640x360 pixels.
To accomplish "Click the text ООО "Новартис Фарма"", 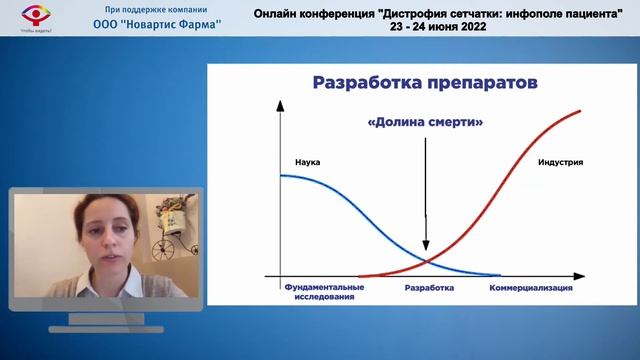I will click(156, 25).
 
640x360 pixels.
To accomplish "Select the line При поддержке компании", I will click(156, 10).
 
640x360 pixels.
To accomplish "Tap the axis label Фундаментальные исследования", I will click(324, 291).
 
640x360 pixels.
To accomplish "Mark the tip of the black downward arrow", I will click(426, 250).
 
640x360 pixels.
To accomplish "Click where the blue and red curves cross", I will click(426, 262).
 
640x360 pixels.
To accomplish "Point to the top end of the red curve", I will click(581, 111).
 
